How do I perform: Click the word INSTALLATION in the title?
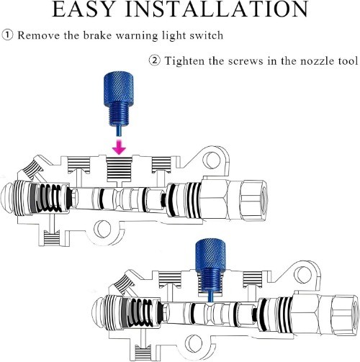tap(217, 9)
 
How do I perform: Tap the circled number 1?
tap(7, 35)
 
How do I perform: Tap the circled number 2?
tap(155, 60)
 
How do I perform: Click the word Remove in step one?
tap(38, 35)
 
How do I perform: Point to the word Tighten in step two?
tap(184, 60)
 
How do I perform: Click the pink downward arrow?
tap(120, 147)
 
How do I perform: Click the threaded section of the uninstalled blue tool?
tap(119, 113)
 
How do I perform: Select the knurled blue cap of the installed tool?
tap(211, 254)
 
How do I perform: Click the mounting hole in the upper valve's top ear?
tap(212, 160)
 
